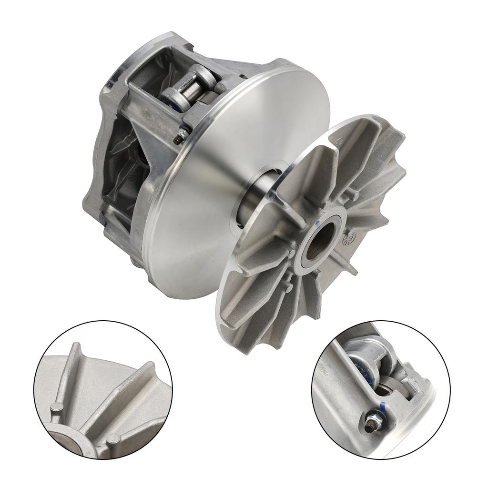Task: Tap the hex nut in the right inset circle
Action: pos(370,426)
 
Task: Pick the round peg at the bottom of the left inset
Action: pos(113,438)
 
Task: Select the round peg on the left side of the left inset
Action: pos(57,408)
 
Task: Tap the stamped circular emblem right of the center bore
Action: pos(350,237)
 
